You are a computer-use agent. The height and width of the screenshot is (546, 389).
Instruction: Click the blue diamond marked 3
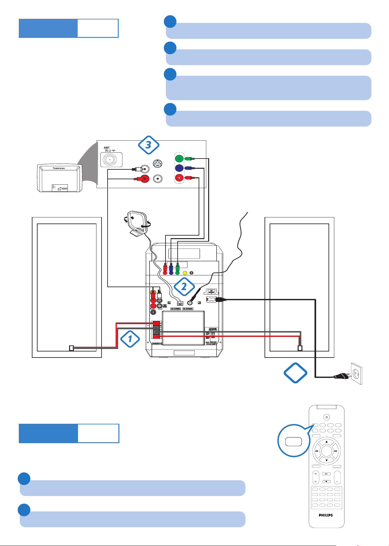(148, 145)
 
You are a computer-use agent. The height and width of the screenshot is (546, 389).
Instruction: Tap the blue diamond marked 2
(184, 287)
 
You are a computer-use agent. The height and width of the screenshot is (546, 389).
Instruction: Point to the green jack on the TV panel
(179, 158)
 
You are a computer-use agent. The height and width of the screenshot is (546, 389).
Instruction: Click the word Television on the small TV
(59, 168)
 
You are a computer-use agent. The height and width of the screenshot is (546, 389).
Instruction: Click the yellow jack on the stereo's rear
(185, 273)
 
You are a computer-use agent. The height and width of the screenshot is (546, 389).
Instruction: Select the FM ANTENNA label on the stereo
(188, 309)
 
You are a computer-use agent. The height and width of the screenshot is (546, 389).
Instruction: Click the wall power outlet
(357, 373)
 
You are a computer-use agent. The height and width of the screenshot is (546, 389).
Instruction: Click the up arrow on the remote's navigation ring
(326, 442)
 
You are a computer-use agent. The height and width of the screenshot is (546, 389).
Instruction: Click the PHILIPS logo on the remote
(326, 515)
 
